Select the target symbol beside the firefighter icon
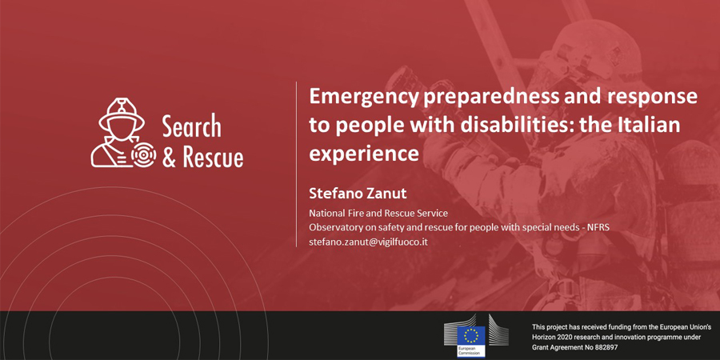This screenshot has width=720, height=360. pos(144,155)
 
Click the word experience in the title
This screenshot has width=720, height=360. pos(364,154)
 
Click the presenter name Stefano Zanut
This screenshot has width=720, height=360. pos(358,194)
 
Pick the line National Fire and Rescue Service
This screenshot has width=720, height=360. pos(378,213)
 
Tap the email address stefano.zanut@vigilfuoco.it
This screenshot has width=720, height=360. pos(368,242)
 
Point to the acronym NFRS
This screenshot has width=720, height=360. pos(598,227)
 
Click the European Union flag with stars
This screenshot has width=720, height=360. pos(470,336)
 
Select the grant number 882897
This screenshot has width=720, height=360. pos(605,348)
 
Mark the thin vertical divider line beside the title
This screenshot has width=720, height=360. pos(296,164)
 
